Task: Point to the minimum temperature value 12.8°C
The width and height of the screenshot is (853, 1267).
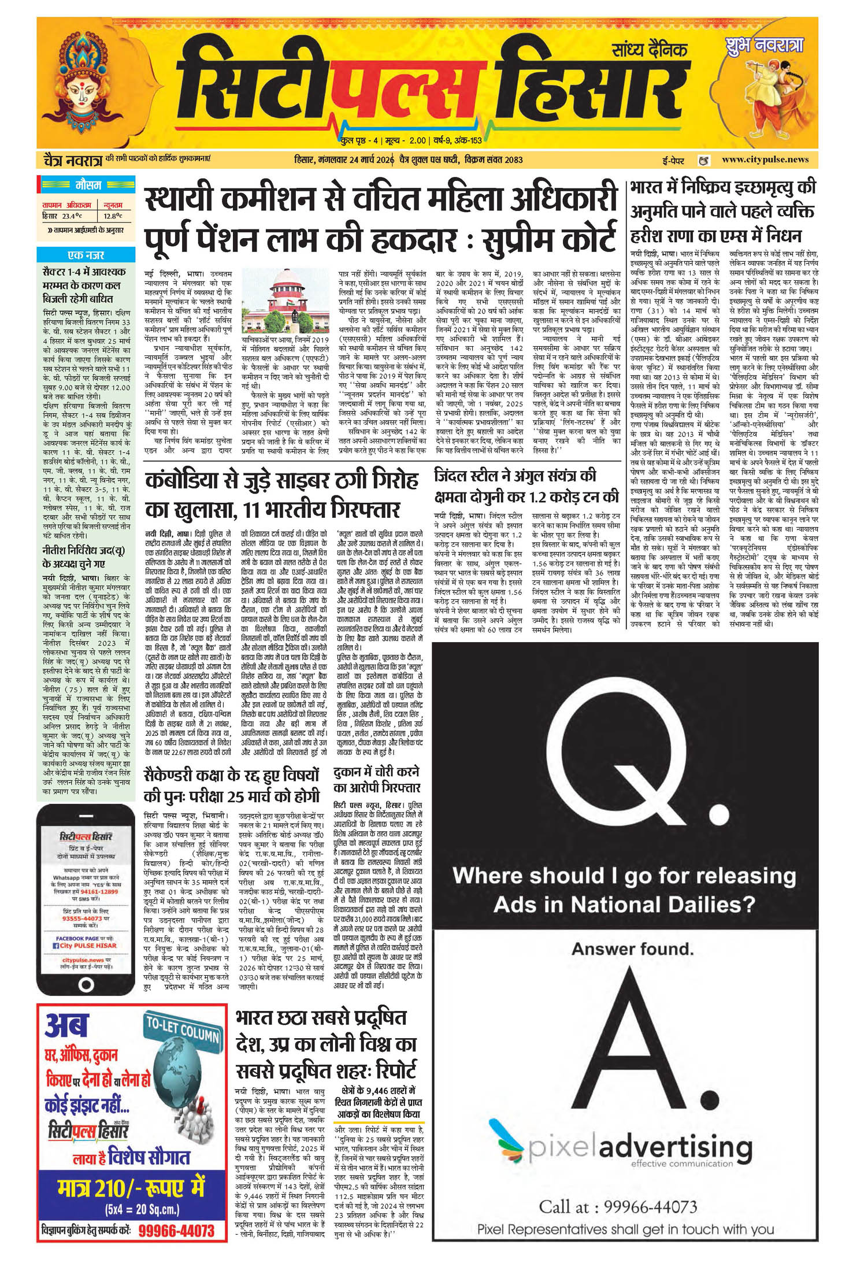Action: tap(113, 216)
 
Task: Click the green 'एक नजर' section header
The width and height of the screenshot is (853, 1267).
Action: tap(86, 255)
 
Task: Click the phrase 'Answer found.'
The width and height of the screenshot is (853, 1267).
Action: tap(632, 949)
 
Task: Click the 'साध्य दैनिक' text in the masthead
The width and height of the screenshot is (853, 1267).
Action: tap(649, 50)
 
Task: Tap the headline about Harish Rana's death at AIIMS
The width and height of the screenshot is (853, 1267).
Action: tap(722, 212)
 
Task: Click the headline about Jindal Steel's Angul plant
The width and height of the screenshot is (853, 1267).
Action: tap(526, 487)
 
